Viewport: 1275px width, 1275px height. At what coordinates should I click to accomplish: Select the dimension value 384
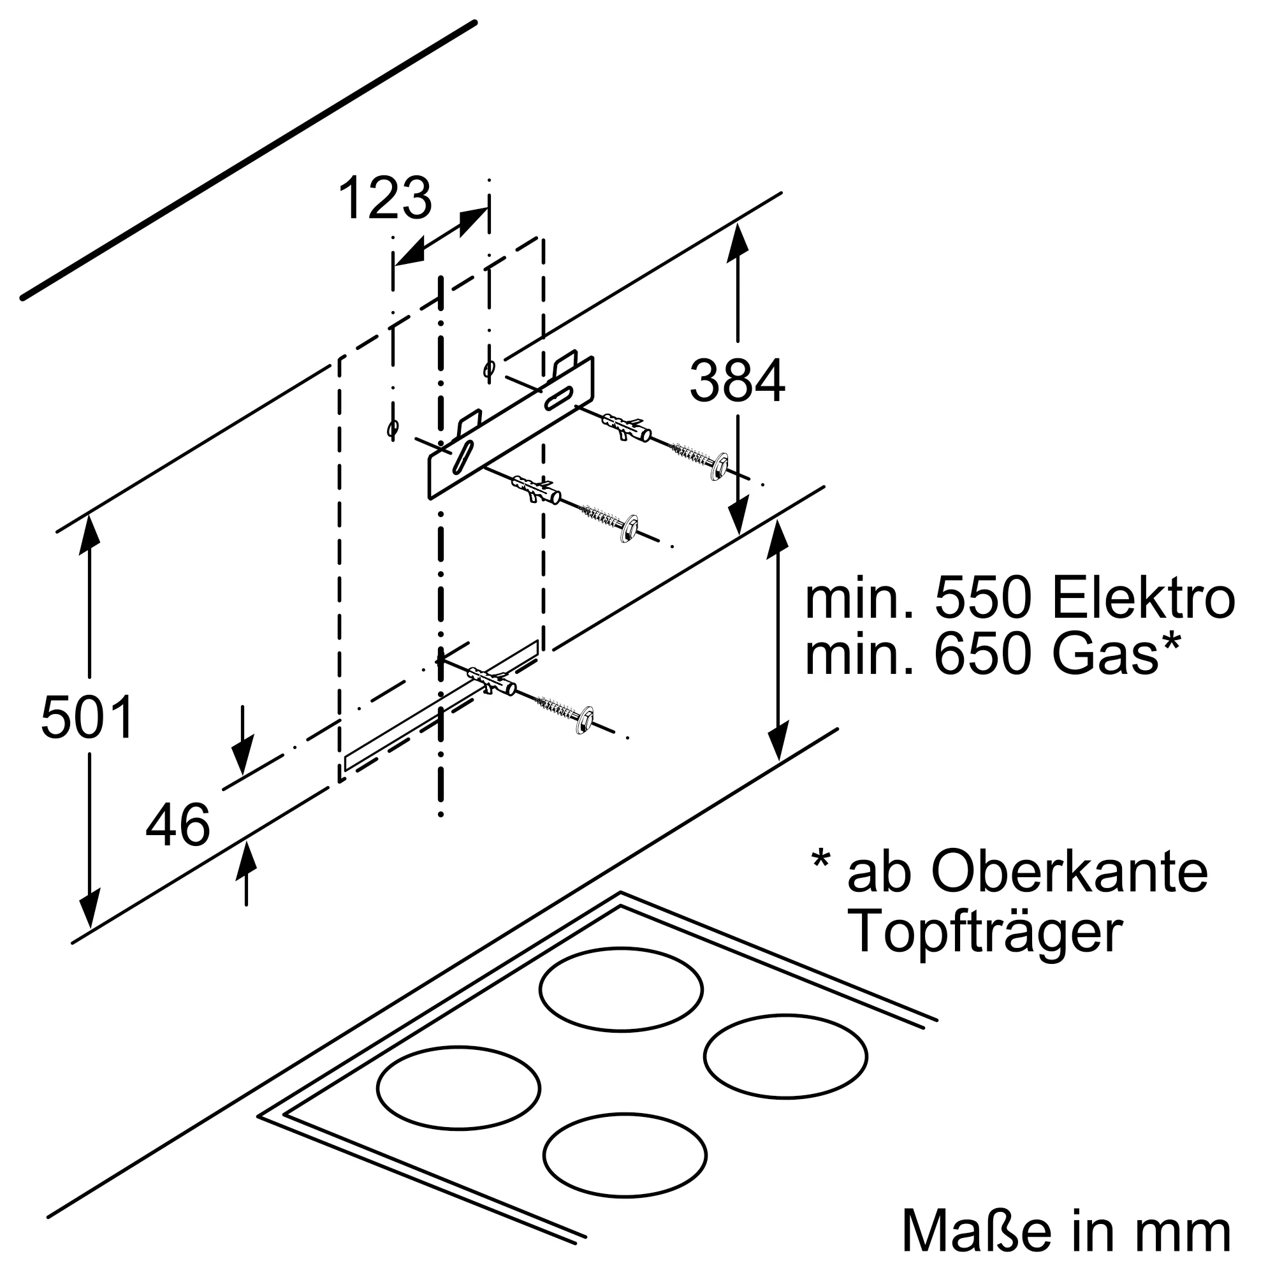coord(737,381)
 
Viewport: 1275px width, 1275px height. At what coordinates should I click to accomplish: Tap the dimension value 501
coord(87,717)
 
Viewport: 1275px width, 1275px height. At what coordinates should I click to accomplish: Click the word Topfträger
coord(987,932)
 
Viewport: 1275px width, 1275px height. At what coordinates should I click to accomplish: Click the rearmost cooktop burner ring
coord(620,989)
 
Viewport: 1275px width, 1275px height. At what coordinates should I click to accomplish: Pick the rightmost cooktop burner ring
coord(785,1056)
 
